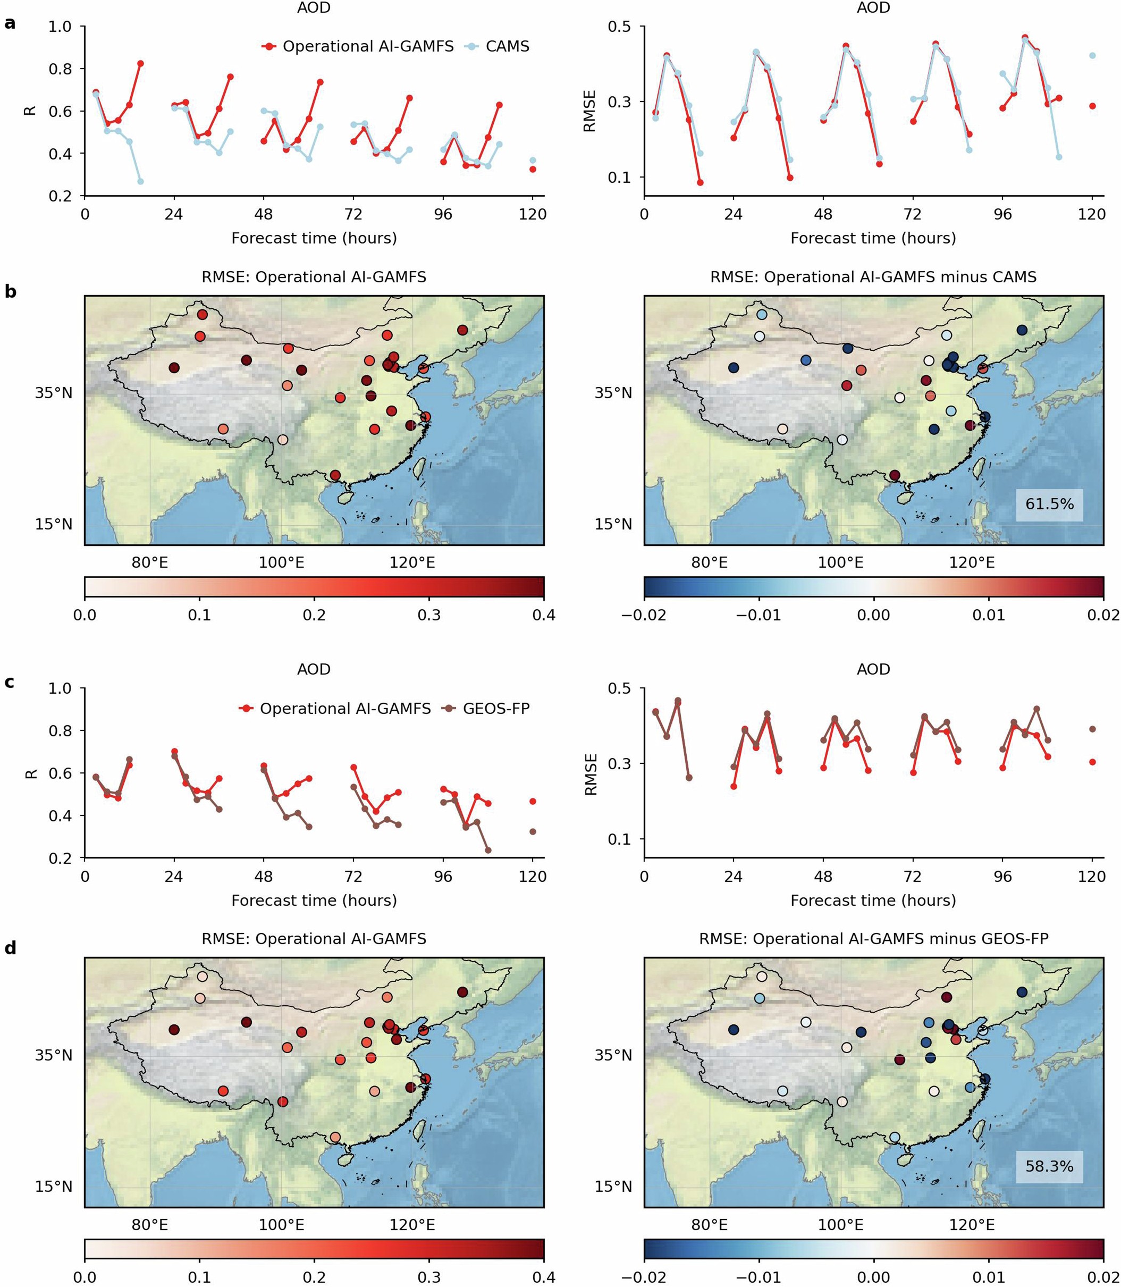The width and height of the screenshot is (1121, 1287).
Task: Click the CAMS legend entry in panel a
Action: click(x=507, y=46)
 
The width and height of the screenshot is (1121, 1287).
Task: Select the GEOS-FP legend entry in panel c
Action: click(x=496, y=708)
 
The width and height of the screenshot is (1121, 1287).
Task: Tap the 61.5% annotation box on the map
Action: click(x=1049, y=503)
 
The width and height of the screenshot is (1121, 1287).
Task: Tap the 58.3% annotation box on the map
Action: click(x=1049, y=1166)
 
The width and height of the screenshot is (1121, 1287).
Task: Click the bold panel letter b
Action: click(x=10, y=291)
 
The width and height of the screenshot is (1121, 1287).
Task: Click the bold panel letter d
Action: click(x=10, y=948)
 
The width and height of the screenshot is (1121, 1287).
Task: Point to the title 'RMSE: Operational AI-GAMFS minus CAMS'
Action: click(x=873, y=277)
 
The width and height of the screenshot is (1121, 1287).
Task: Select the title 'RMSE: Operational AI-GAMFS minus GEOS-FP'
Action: click(x=873, y=938)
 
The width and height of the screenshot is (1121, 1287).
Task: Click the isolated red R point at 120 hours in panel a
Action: click(x=533, y=169)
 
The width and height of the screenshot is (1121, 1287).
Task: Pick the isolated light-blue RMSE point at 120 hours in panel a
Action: click(x=1092, y=56)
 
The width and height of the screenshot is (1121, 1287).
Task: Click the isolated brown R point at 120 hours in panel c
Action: click(x=533, y=831)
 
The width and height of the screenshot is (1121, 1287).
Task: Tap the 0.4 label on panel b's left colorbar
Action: click(x=543, y=615)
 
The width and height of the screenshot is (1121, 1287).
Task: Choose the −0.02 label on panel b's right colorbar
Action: click(x=643, y=615)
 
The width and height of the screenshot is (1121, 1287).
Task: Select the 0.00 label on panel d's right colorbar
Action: click(x=873, y=1276)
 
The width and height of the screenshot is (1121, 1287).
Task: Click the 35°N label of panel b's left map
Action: click(x=54, y=393)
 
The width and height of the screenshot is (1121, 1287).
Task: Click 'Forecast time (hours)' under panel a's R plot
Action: click(x=314, y=238)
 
